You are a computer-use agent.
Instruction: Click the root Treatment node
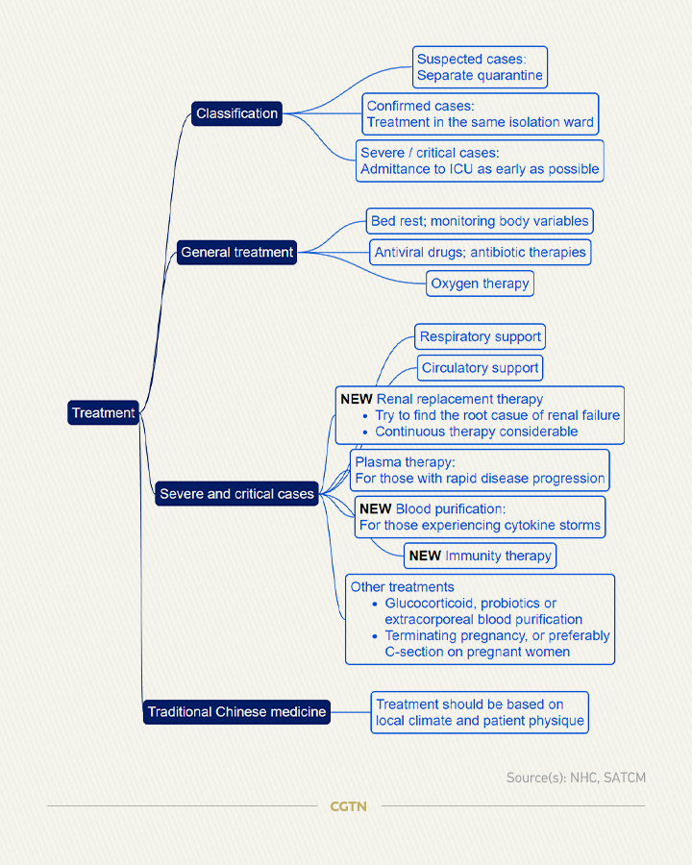[x=103, y=412]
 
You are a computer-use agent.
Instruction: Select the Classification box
[x=236, y=113]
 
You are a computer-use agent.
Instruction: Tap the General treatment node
[x=236, y=252]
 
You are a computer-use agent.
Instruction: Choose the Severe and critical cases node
[x=236, y=494]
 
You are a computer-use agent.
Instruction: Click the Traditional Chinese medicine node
[x=236, y=711]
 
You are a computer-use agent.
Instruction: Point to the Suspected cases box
[x=481, y=67]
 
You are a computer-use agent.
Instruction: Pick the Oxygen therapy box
[x=481, y=284]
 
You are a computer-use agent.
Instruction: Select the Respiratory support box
[x=481, y=336]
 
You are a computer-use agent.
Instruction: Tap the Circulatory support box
[x=481, y=368]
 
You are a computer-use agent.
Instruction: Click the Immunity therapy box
[x=481, y=556]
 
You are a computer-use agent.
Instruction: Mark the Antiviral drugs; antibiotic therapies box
[x=481, y=252]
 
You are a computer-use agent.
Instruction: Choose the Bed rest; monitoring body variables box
[x=481, y=221]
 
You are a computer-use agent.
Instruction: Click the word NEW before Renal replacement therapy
[x=356, y=399]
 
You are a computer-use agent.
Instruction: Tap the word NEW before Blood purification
[x=375, y=508]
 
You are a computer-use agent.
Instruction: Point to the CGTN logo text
[x=348, y=806]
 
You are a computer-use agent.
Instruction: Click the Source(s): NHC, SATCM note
[x=576, y=778]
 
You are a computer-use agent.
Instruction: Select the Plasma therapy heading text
[x=405, y=462]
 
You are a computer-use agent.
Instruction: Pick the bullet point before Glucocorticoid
[x=375, y=604]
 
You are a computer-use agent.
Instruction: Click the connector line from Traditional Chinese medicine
[x=351, y=711]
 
